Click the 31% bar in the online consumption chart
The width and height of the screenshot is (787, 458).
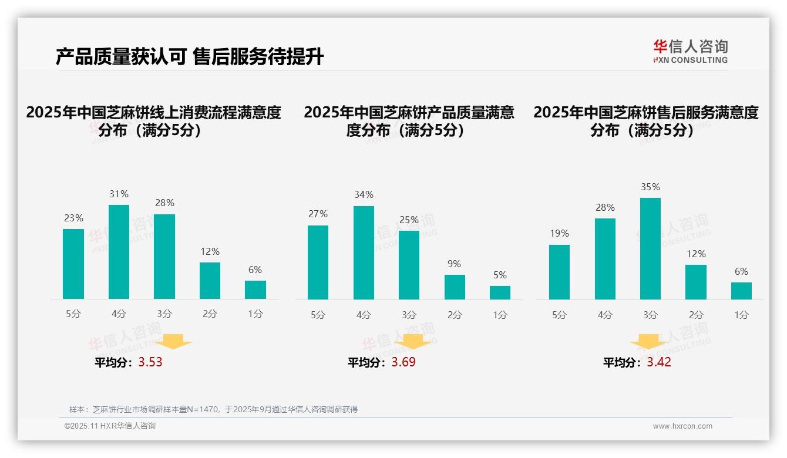coord(119,252)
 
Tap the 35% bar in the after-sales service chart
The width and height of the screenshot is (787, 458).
coord(650,248)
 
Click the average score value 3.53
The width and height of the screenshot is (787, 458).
coord(150,362)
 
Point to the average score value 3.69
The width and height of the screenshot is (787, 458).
coord(403,362)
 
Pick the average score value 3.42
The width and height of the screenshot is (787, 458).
coord(659,362)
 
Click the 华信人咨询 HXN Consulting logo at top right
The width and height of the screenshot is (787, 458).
coord(690,51)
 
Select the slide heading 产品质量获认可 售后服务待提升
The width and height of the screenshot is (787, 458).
coord(190,57)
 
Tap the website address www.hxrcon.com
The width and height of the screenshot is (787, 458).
coord(682,426)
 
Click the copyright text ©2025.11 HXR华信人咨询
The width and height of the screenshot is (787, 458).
coord(110,426)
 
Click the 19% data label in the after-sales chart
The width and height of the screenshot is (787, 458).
coord(559,234)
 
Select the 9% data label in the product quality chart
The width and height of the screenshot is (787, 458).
coord(454,264)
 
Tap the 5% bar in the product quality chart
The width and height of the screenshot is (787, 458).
coord(500,292)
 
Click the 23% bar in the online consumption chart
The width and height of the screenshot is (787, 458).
coord(73,264)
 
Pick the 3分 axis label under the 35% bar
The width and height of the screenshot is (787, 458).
coord(650,315)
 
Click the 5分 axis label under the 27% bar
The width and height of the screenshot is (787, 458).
coord(318,315)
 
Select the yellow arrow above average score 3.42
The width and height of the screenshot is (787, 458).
coord(648,341)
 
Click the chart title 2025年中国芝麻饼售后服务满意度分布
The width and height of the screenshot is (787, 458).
coord(645,121)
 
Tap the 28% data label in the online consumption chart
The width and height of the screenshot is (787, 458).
coord(164,203)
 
